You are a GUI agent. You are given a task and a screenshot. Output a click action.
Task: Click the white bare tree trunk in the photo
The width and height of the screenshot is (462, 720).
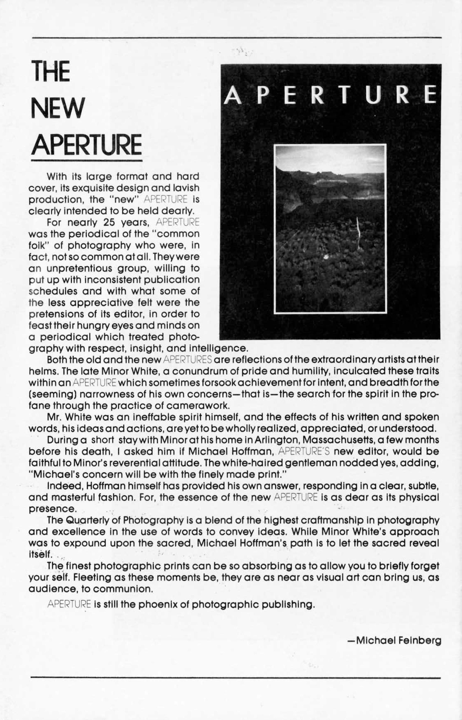[358, 234]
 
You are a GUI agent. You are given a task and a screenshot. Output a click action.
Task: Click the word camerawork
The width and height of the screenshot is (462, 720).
[198, 405]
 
